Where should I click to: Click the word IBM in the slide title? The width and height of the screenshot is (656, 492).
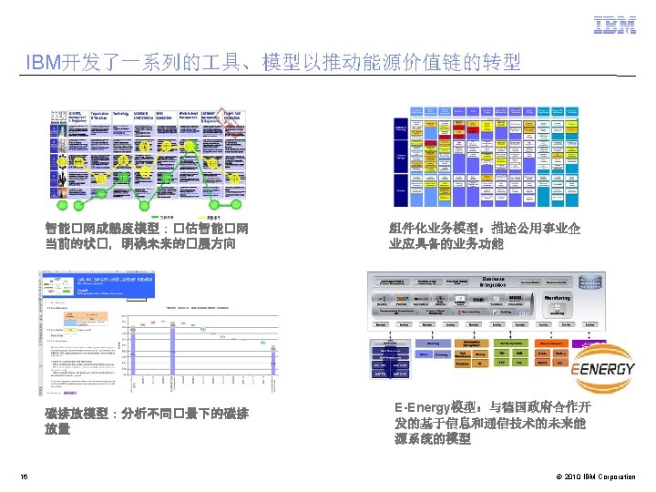pos(44,63)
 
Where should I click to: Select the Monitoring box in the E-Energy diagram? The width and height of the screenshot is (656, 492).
pos(557,298)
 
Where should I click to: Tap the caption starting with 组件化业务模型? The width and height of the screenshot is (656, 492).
pos(485,237)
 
